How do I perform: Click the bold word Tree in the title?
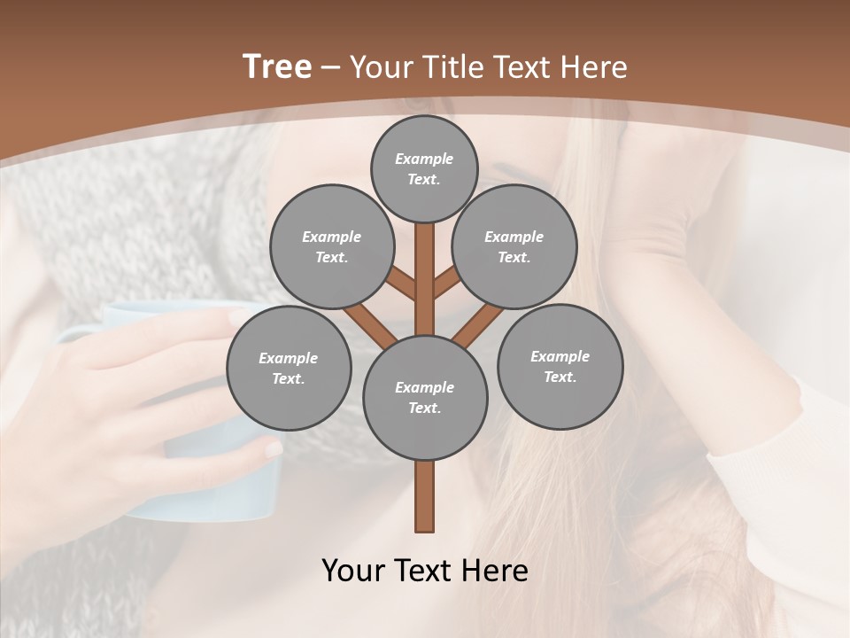click(x=277, y=66)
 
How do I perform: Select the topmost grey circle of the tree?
click(x=424, y=168)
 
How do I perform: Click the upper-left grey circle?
click(x=331, y=246)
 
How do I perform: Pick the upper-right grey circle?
click(x=514, y=246)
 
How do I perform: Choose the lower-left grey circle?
click(x=289, y=368)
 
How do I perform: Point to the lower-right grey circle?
click(x=560, y=366)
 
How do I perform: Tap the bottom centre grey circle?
click(x=425, y=397)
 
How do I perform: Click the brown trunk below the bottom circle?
click(x=425, y=496)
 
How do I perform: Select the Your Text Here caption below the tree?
click(x=425, y=571)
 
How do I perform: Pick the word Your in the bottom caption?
click(x=353, y=571)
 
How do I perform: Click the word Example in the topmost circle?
click(x=424, y=159)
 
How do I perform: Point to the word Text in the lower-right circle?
click(x=559, y=377)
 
